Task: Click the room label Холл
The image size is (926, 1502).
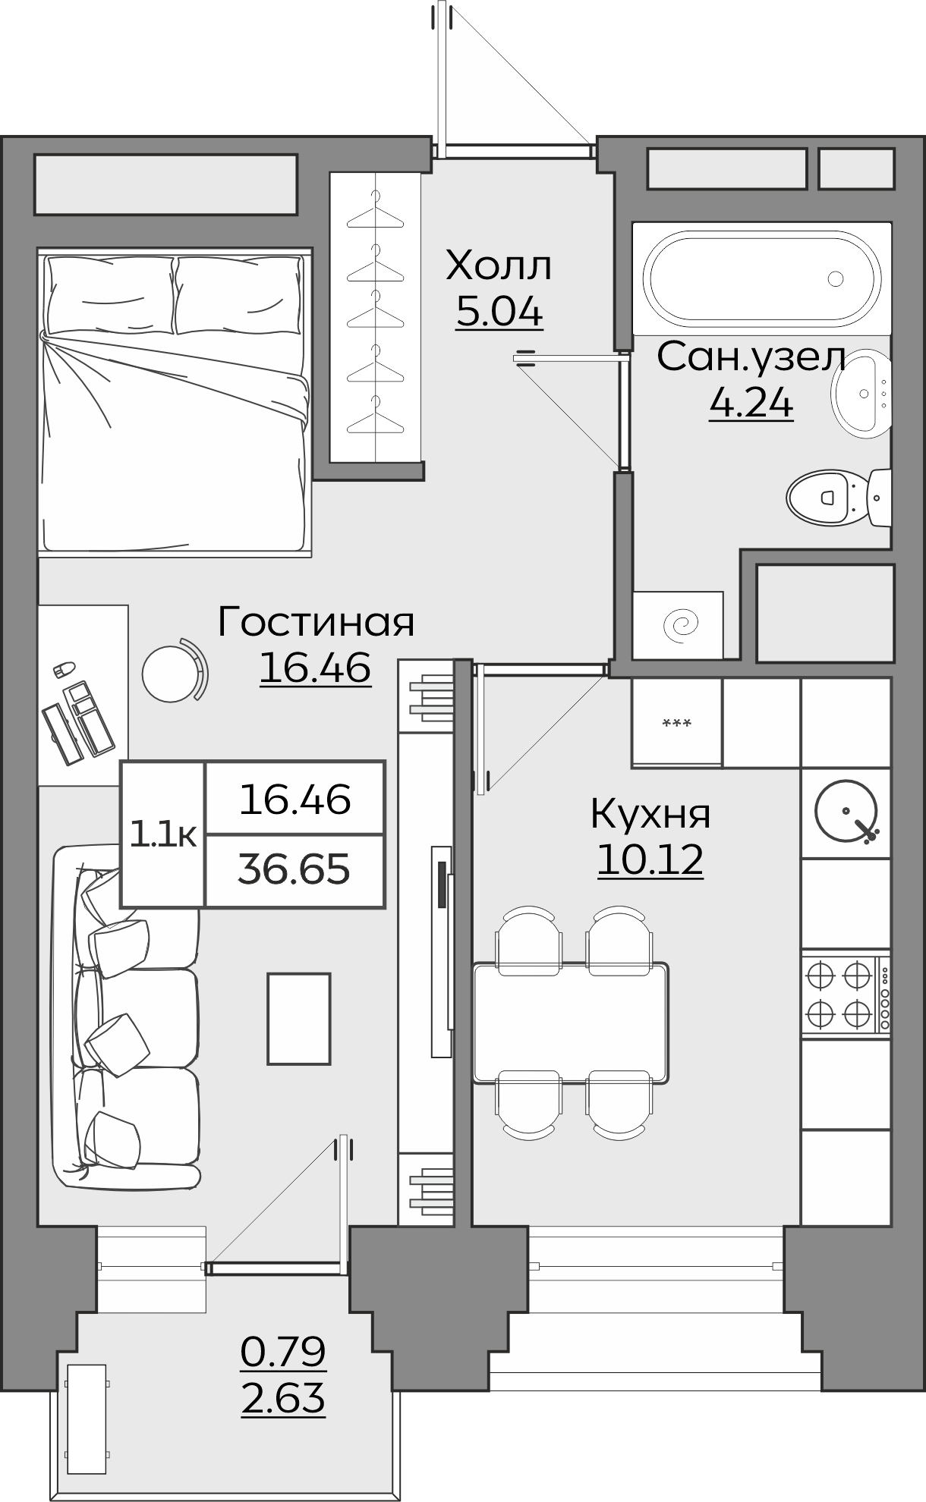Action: pyautogui.click(x=499, y=266)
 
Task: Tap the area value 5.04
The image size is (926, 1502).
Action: pyautogui.click(x=499, y=312)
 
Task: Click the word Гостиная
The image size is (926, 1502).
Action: pyautogui.click(x=316, y=622)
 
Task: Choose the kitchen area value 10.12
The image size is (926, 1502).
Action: pyautogui.click(x=650, y=860)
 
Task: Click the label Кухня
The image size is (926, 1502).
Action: pyautogui.click(x=650, y=814)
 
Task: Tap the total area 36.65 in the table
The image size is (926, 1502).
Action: pyautogui.click(x=294, y=869)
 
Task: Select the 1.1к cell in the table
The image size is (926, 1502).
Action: pyautogui.click(x=163, y=834)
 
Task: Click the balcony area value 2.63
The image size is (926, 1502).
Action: pyautogui.click(x=283, y=1400)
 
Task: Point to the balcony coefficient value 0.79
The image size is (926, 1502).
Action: pyautogui.click(x=283, y=1352)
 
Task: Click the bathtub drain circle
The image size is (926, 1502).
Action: pyautogui.click(x=836, y=279)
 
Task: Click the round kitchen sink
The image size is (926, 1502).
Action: pyautogui.click(x=845, y=812)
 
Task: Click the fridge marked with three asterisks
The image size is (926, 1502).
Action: pyautogui.click(x=676, y=723)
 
